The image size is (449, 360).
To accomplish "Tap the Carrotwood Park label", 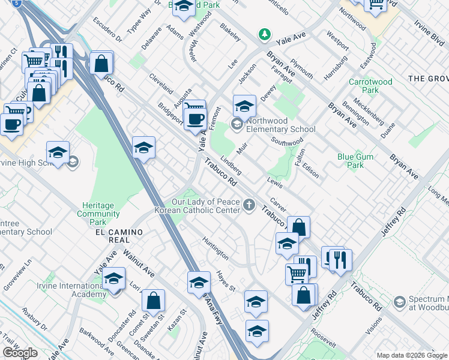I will tap(370, 86).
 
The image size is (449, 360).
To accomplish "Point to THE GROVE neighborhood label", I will tap(428, 79).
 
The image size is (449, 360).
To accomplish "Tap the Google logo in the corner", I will tap(20, 353).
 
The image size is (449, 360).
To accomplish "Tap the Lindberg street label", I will tap(231, 166).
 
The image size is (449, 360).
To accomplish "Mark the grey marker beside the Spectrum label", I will tap(400, 301).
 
